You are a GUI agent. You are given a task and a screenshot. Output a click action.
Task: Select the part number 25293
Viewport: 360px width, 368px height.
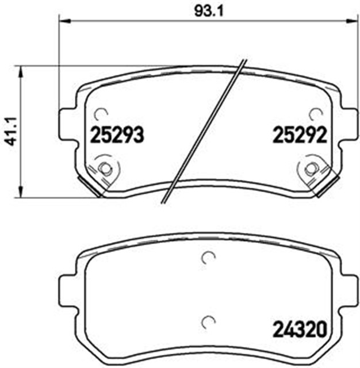click(117, 136)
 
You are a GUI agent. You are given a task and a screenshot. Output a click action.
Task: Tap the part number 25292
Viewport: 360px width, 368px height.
click(300, 136)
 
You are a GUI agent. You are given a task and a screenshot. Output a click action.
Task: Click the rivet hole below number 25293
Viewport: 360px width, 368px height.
click(104, 168)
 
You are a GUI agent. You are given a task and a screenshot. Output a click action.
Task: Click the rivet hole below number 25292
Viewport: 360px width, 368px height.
click(311, 168)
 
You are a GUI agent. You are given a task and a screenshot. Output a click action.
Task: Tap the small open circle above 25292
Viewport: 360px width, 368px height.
click(315, 113)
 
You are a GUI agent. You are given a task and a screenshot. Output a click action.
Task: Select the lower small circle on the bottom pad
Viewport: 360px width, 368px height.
click(208, 321)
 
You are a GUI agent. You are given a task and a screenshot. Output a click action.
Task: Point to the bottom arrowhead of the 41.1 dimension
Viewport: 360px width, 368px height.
click(22, 193)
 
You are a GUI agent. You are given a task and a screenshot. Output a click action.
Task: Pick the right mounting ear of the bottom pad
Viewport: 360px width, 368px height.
click(348, 293)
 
